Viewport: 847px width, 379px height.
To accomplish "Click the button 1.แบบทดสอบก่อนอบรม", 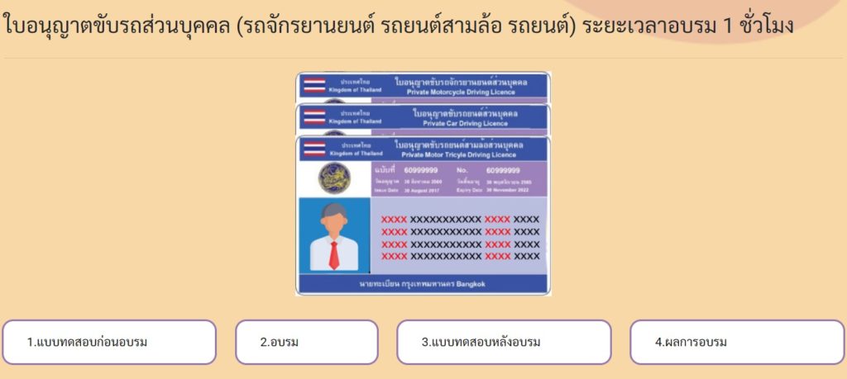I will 108,342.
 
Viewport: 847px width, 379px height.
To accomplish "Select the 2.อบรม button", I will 306,342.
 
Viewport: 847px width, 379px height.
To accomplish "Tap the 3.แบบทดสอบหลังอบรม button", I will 504,342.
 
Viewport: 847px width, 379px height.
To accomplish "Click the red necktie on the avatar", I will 333,254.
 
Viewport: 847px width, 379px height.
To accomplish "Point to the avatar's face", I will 333,220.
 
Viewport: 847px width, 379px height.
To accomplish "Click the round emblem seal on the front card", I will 335,176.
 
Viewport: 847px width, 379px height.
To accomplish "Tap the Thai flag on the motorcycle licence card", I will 313,84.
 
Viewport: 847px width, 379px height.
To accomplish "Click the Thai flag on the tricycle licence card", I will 313,149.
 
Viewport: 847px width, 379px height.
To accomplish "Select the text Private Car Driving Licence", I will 465,124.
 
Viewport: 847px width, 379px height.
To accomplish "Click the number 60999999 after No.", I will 519,170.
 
